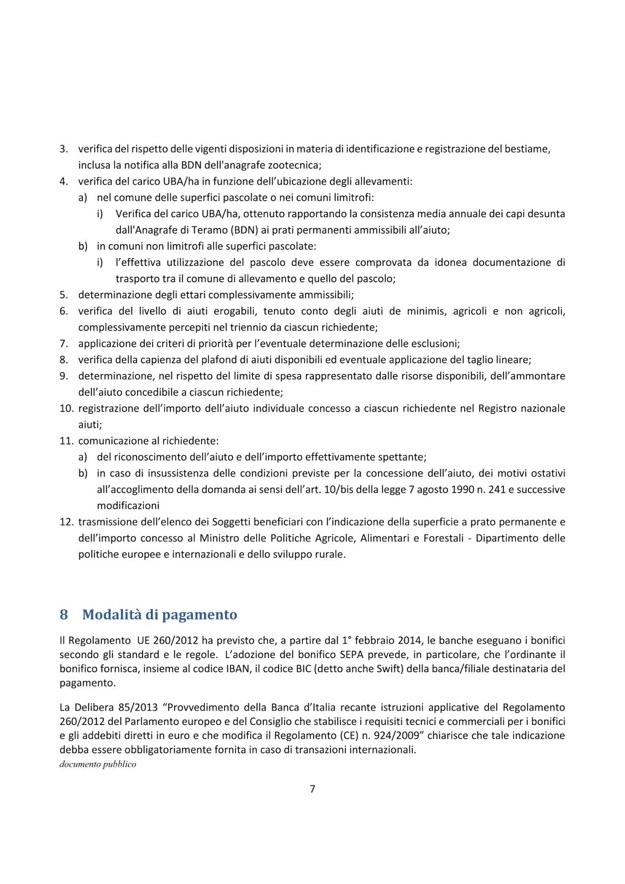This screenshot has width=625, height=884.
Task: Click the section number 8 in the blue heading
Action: point(64,614)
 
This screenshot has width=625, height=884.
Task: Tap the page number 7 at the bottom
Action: point(312,789)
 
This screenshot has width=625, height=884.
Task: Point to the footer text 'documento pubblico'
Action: point(98,764)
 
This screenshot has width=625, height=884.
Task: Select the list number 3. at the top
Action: point(64,149)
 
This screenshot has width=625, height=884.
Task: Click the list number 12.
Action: point(66,522)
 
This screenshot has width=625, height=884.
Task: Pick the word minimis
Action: point(426,311)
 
